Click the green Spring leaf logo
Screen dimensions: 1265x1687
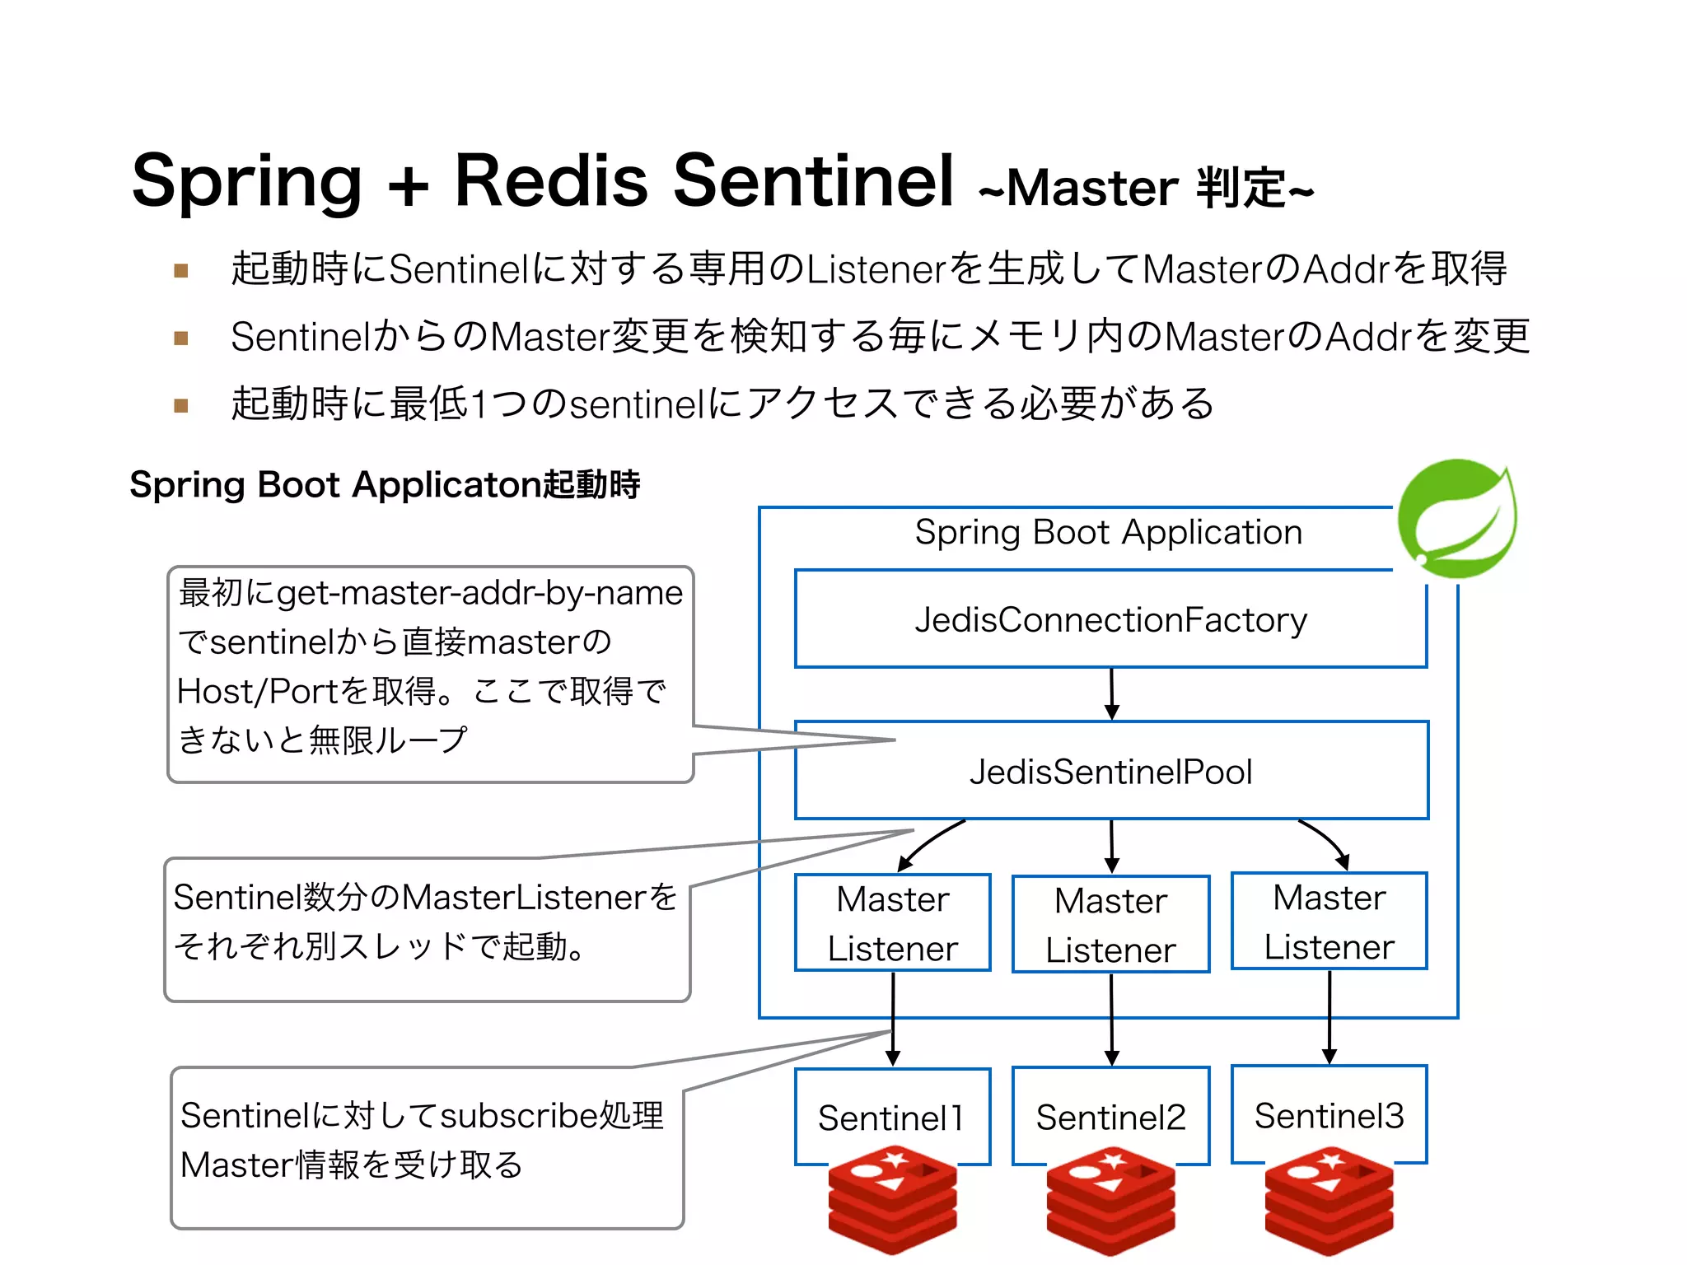[x=1456, y=519]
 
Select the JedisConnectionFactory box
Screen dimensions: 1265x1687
[x=1110, y=619]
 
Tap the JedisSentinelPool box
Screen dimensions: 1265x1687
[x=1110, y=771]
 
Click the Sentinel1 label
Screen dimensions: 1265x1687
[x=891, y=1118]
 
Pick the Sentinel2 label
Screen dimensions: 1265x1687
[x=1110, y=1118]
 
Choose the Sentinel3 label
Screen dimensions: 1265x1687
[x=1329, y=1116]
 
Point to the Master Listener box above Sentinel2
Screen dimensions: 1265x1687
[x=1110, y=924]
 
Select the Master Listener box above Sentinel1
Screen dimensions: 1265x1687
[x=892, y=923]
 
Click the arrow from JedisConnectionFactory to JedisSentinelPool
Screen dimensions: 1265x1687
[x=1111, y=693]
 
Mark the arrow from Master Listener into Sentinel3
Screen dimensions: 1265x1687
[x=1329, y=1017]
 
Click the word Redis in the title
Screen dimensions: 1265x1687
[x=551, y=180]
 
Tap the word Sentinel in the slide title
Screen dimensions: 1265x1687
[x=813, y=180]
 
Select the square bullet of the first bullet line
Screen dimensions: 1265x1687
[x=181, y=270]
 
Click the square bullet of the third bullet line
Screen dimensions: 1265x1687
[x=181, y=405]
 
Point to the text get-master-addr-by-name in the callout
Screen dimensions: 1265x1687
[x=479, y=593]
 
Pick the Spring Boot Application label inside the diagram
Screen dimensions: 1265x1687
[x=1109, y=533]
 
